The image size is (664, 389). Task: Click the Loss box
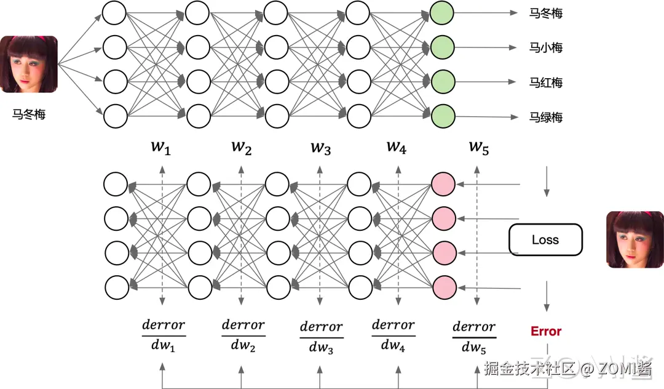tap(545, 239)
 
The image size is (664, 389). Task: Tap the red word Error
tap(546, 331)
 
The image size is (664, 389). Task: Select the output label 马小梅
tap(545, 47)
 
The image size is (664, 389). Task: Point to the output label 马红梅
tap(545, 82)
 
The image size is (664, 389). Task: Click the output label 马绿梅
tap(545, 117)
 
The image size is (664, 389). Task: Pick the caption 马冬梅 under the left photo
tap(29, 114)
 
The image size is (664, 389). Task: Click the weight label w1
tap(161, 147)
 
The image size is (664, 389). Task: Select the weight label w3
tap(321, 148)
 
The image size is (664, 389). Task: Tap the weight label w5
tap(479, 147)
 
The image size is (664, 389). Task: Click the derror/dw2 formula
tap(243, 335)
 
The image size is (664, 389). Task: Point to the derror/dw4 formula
tap(393, 335)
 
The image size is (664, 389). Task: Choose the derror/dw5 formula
tap(474, 337)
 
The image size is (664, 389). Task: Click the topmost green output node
tap(443, 13)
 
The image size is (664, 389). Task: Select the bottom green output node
tap(443, 115)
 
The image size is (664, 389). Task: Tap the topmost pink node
tap(443, 183)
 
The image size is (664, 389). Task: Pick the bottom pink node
tap(443, 286)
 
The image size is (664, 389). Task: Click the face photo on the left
tap(29, 64)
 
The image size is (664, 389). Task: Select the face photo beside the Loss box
tap(635, 239)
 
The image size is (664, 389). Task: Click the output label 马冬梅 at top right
tap(545, 13)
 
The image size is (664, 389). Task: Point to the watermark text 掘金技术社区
tap(529, 369)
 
